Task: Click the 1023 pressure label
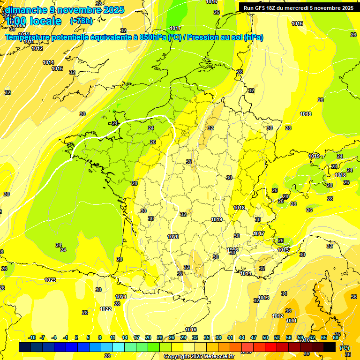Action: (50, 280)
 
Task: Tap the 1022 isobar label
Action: (105, 309)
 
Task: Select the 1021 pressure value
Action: (121, 297)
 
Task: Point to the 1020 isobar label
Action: (173, 237)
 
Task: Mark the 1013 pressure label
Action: (263, 298)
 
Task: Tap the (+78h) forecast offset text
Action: (81, 21)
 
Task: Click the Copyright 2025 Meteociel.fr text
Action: (199, 357)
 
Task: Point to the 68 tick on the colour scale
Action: (336, 337)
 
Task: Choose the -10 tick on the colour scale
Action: (32, 337)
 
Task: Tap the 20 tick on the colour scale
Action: (148, 337)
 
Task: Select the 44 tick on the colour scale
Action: (242, 337)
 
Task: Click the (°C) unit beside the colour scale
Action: (345, 348)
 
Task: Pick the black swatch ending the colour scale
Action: (330, 347)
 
